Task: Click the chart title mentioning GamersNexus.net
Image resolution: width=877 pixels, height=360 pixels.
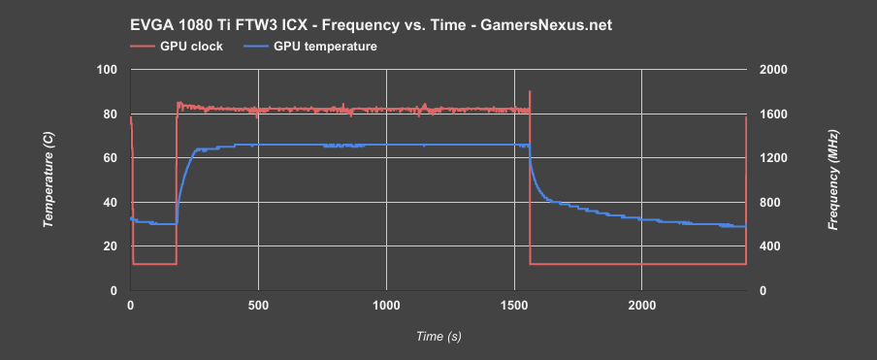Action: (x=381, y=24)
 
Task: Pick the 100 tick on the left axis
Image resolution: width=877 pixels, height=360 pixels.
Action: (x=107, y=70)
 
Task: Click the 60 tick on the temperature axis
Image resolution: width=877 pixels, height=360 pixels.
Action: (x=111, y=158)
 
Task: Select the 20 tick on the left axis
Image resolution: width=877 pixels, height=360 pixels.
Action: (x=111, y=246)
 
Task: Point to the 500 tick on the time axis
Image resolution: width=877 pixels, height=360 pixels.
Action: (x=258, y=306)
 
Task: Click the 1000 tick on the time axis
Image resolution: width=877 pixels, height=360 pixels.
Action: (x=386, y=306)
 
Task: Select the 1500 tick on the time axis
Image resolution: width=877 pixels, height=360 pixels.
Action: (x=513, y=306)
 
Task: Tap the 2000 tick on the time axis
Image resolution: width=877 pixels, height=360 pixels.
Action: (x=641, y=306)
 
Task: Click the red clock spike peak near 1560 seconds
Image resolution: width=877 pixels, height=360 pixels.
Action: (x=530, y=91)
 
